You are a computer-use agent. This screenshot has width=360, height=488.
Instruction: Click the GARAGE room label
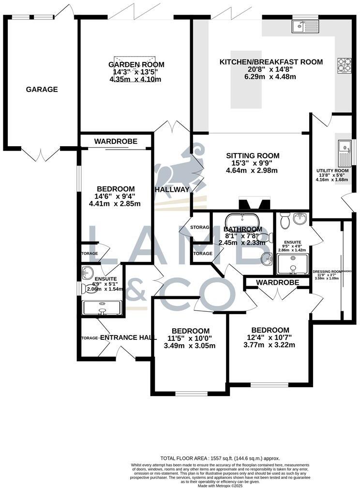[42, 90]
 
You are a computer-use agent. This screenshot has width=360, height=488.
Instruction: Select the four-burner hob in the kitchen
[344, 65]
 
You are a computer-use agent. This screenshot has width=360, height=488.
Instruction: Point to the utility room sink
[345, 150]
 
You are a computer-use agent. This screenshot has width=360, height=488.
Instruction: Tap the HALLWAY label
[172, 189]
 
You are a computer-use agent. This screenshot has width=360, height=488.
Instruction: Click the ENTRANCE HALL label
[128, 337]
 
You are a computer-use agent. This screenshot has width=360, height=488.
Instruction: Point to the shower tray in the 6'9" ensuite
[102, 307]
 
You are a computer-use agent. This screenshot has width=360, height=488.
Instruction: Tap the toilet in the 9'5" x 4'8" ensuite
[285, 221]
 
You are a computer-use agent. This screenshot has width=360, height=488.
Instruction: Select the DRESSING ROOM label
[327, 272]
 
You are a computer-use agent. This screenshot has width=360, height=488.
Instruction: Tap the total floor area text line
[220, 458]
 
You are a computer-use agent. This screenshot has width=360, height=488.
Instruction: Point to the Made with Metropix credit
[220, 485]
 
